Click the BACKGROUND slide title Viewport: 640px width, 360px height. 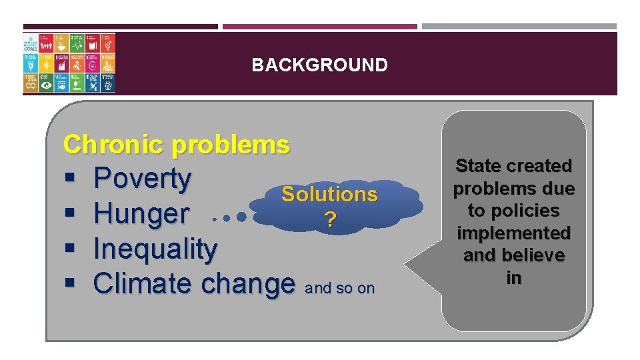tap(319, 65)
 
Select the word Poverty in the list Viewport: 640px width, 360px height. tap(142, 179)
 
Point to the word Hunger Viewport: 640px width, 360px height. tap(141, 214)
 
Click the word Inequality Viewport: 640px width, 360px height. tap(155, 249)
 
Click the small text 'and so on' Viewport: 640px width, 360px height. tap(339, 289)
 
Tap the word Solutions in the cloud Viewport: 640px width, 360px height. tap(329, 194)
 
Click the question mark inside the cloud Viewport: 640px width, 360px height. tap(329, 219)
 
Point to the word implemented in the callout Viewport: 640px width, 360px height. tap(513, 233)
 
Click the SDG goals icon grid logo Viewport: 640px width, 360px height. tap(69, 63)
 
